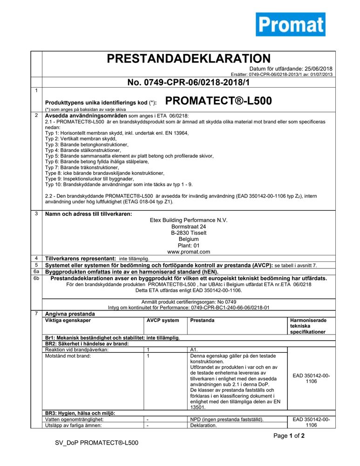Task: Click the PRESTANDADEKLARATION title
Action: (x=189, y=59)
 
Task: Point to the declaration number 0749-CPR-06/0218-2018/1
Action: (x=189, y=82)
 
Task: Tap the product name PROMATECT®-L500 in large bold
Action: (x=218, y=101)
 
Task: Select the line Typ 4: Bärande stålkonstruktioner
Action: (x=84, y=151)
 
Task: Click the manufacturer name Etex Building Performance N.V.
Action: (x=189, y=220)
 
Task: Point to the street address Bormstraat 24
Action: (x=189, y=226)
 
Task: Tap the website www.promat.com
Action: (x=189, y=252)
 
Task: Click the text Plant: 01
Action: (x=189, y=245)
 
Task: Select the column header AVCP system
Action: (x=163, y=321)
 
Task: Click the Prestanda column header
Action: (x=203, y=321)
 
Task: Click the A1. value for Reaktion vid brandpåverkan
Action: (x=195, y=349)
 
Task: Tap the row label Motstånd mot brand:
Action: (x=68, y=356)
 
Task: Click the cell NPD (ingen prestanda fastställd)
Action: (x=227, y=419)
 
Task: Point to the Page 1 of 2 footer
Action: (x=289, y=436)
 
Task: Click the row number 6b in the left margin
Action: (x=36, y=278)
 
